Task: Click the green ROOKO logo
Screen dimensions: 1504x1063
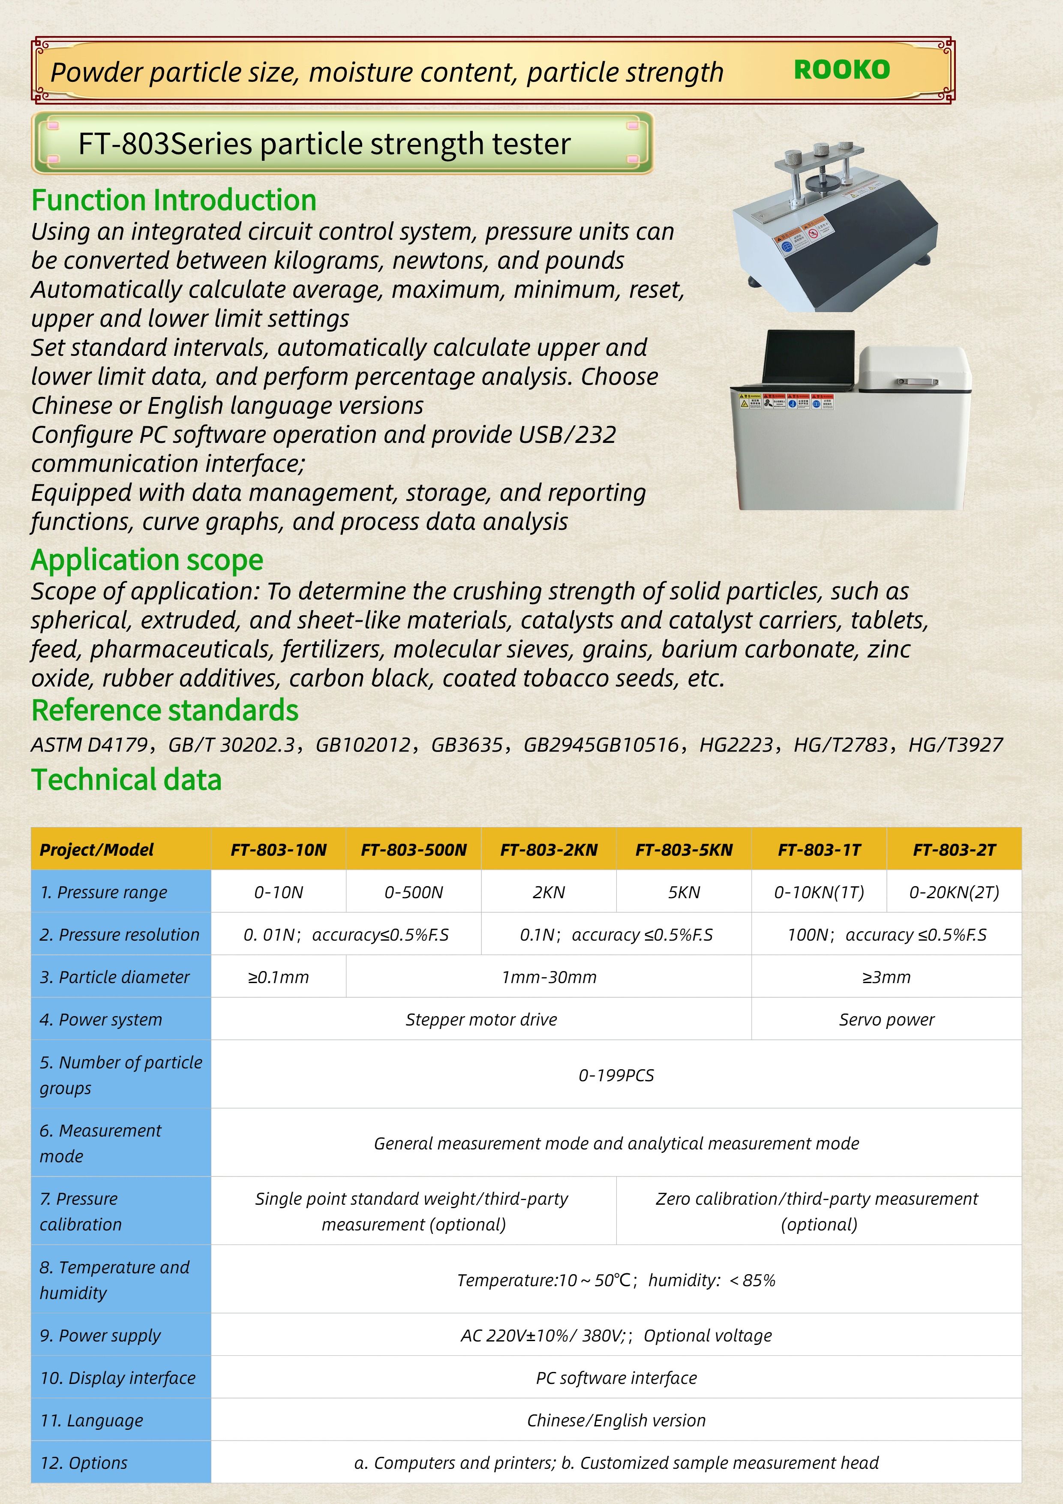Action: click(842, 69)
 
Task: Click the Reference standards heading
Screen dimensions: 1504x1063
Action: click(165, 710)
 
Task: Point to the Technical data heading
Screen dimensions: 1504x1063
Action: click(126, 779)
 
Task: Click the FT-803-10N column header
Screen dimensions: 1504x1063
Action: click(278, 850)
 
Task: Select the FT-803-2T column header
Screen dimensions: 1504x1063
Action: click(954, 850)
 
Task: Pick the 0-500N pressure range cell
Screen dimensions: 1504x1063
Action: click(413, 892)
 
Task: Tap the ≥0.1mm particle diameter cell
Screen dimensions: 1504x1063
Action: click(278, 978)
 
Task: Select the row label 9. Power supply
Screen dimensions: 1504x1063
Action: click(100, 1335)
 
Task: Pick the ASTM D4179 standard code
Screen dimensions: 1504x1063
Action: click(89, 745)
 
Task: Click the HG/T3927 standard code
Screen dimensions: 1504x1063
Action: click(955, 745)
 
